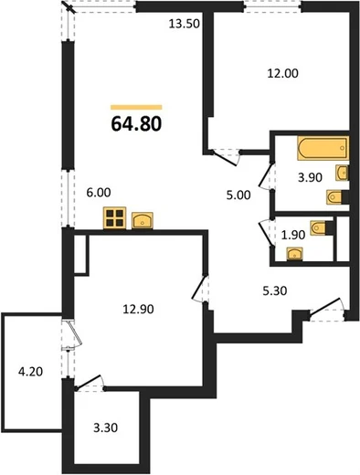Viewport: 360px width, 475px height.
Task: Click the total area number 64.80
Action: (136, 124)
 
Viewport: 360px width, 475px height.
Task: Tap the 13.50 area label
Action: (184, 24)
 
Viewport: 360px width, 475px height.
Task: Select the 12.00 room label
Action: (282, 73)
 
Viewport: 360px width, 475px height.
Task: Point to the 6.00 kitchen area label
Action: (99, 193)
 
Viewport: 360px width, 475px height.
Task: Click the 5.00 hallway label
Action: (238, 195)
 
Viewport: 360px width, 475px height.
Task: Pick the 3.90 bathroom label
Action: (310, 177)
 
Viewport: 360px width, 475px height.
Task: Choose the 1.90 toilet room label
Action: (293, 235)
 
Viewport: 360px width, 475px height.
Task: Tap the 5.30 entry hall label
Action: (275, 290)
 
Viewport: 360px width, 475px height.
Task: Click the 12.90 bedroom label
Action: (138, 310)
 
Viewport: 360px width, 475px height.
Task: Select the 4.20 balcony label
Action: (30, 372)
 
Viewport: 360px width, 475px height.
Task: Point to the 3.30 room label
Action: (105, 427)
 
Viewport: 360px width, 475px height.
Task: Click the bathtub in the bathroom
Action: (323, 148)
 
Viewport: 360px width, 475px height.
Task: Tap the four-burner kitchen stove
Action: (115, 218)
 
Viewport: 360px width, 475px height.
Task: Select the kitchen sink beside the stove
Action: (143, 220)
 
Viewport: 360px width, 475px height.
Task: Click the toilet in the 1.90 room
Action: (322, 228)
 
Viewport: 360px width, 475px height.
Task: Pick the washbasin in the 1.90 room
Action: (295, 254)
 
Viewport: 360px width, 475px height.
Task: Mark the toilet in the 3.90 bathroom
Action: (337, 197)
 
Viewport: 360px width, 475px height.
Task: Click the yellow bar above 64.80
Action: (136, 107)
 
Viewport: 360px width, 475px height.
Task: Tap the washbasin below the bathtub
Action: (342, 173)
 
